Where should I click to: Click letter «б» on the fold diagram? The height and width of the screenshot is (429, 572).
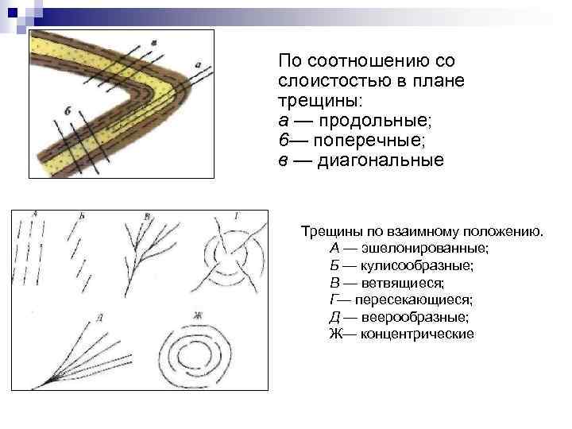coord(67,112)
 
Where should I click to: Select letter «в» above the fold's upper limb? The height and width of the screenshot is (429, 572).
coord(153,42)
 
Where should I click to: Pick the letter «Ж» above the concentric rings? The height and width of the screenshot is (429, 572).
coord(196,315)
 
